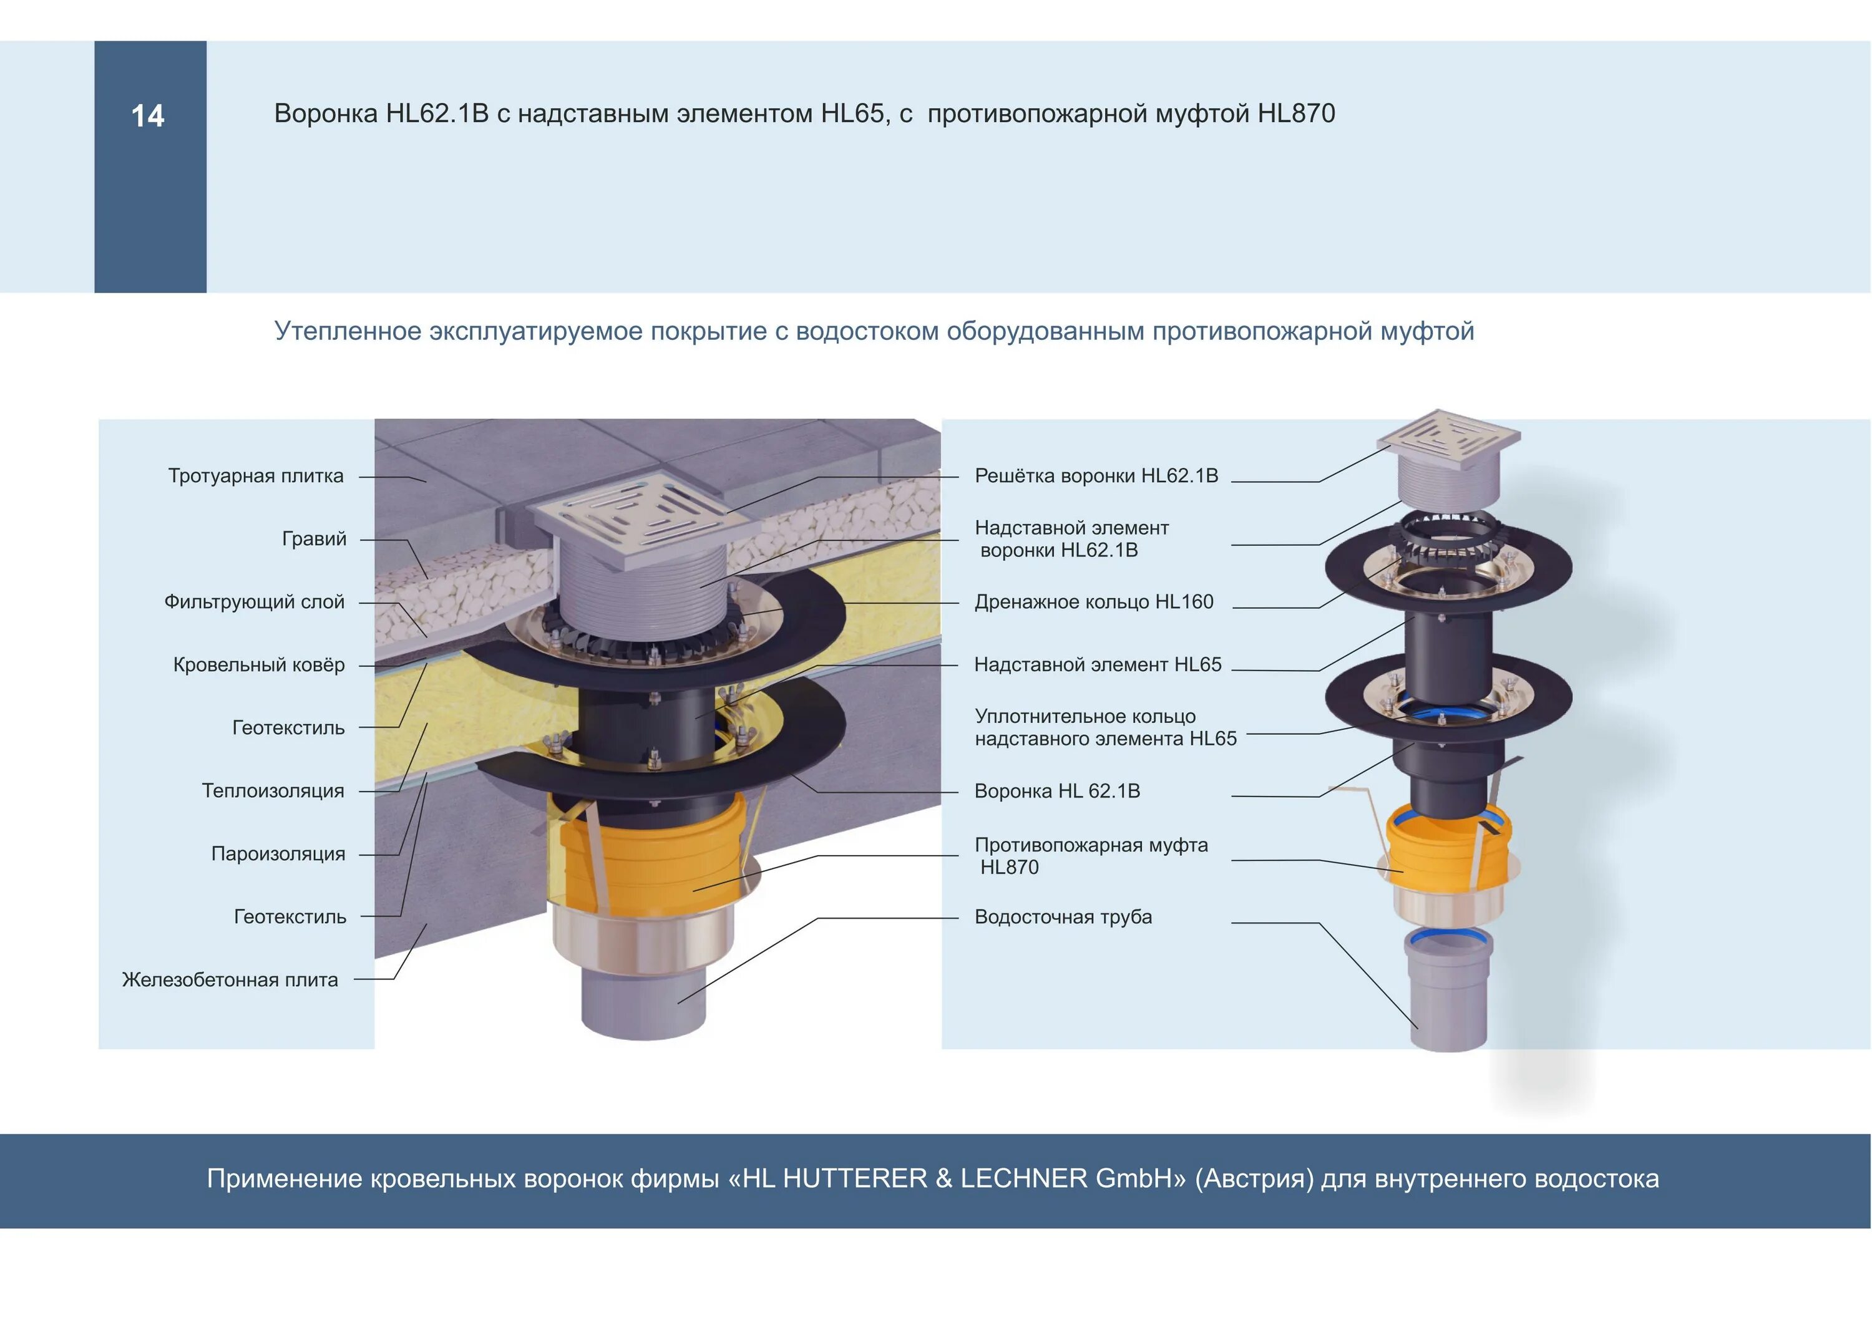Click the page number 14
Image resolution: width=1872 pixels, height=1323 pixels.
pos(147,116)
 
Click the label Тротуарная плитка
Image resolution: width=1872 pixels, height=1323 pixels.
pos(255,476)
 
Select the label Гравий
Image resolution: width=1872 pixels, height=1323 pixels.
pos(314,539)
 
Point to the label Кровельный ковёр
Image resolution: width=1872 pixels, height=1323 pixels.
pos(258,665)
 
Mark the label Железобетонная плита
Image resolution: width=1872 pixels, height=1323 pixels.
pos(230,980)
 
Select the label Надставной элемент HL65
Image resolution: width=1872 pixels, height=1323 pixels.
pos(1098,665)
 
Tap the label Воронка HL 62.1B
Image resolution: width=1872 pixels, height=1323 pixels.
pos(1056,791)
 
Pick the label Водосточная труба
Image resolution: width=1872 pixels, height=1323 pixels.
pos(1063,917)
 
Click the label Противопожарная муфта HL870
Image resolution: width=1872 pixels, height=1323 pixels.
pos(1090,856)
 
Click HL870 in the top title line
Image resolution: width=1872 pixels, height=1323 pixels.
pos(1297,114)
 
